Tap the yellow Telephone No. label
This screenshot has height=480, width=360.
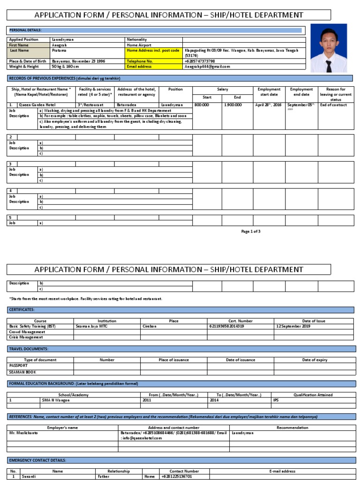point(140,61)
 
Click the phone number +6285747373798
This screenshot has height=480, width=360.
point(200,61)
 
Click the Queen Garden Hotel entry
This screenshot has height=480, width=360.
point(37,105)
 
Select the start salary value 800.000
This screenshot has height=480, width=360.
point(202,105)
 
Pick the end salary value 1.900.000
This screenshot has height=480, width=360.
point(232,105)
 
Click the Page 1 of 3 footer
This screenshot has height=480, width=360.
point(251,231)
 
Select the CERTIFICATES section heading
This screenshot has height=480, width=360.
point(22,309)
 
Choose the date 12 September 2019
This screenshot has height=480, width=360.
point(293,326)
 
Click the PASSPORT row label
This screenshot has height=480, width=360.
point(19,365)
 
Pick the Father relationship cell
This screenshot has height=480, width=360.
point(104,476)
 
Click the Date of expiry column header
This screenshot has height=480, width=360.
point(314,360)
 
